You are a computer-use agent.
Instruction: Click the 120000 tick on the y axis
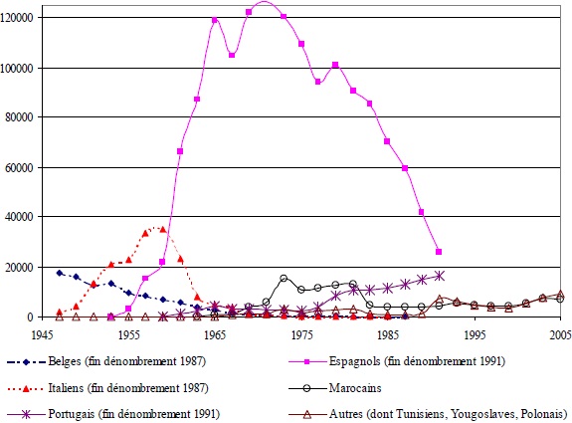click(x=19, y=18)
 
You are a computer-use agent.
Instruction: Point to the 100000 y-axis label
click(x=19, y=68)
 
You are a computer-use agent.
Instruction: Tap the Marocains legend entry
click(x=399, y=384)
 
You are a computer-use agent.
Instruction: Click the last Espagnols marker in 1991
click(x=439, y=252)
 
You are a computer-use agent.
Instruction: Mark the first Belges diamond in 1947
click(x=60, y=273)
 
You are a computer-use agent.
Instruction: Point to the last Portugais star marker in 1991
click(x=439, y=275)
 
